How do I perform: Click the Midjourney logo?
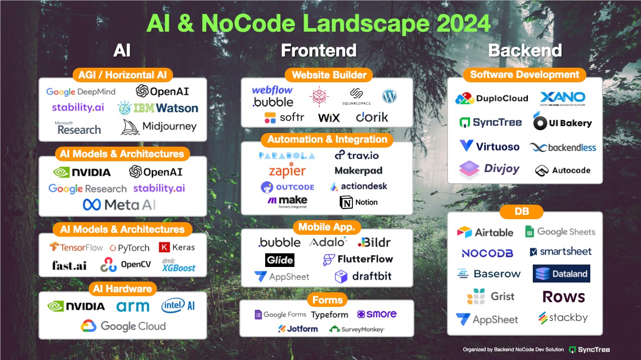159,127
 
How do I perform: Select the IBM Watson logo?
158,108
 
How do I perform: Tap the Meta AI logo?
119,205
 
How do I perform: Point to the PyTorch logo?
130,248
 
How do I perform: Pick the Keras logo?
177,247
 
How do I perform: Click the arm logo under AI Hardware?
133,306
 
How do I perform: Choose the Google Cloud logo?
123,326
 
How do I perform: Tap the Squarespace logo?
356,96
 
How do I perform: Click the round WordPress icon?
390,95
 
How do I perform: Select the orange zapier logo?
287,171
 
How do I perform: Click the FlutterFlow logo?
358,259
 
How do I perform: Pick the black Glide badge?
280,260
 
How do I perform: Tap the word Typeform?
330,315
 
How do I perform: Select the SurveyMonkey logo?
357,329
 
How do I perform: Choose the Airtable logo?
486,232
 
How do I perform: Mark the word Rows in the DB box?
563,297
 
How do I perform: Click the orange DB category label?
521,212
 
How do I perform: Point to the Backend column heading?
525,50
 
